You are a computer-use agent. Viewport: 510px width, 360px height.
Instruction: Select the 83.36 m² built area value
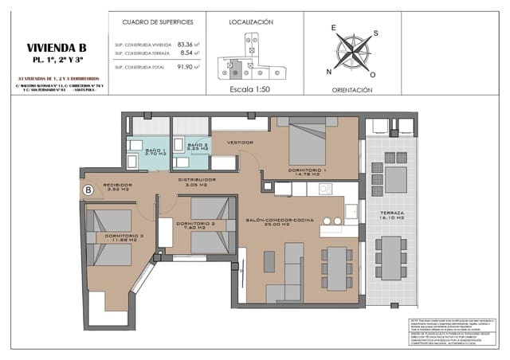click(187, 45)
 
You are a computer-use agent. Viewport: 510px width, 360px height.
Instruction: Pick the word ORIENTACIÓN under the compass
click(351, 91)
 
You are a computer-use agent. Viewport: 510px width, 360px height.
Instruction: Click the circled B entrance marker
click(89, 190)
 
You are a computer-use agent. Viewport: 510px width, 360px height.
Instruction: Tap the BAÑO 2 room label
click(198, 147)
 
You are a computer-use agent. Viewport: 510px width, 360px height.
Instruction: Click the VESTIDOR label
click(240, 143)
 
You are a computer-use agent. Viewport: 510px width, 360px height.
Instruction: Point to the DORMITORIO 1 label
click(307, 171)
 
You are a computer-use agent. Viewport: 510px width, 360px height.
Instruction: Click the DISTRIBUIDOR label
click(197, 181)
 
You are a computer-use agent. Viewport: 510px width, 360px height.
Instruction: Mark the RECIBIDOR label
click(118, 186)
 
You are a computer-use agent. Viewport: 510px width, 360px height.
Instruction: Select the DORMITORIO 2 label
click(196, 224)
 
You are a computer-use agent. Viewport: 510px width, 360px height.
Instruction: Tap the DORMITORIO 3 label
click(124, 237)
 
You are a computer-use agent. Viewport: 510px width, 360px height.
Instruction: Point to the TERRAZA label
click(391, 214)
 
